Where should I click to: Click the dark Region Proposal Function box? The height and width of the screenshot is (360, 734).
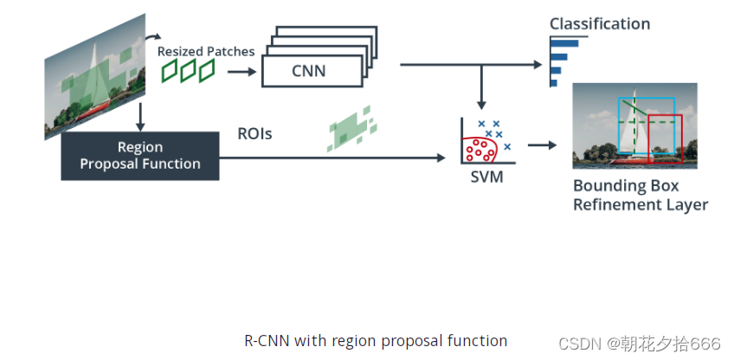tap(140, 156)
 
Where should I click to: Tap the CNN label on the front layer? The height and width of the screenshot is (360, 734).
tap(308, 71)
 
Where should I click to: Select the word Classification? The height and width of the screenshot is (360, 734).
tap(600, 24)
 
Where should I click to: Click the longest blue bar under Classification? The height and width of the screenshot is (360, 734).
tap(565, 43)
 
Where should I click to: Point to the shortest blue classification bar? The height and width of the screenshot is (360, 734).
tap(554, 83)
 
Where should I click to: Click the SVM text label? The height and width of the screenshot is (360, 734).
tap(486, 177)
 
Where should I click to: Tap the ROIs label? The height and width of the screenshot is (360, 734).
tap(254, 134)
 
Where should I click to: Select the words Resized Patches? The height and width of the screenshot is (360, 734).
tap(206, 52)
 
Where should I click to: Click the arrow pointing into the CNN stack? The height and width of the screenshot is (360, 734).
tap(242, 72)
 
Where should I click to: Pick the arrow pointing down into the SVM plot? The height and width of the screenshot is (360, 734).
tap(481, 87)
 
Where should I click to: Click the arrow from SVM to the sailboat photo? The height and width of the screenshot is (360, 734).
tap(542, 145)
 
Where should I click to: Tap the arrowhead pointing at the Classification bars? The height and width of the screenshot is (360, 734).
tap(538, 65)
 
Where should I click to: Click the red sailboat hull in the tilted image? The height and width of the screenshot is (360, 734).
tap(92, 112)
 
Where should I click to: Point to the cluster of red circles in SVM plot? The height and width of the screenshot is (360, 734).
tap(479, 150)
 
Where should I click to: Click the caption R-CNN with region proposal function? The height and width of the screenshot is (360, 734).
tap(376, 340)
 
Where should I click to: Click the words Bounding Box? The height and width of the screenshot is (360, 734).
tap(626, 186)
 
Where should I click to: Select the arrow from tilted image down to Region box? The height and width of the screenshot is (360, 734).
tap(140, 117)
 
